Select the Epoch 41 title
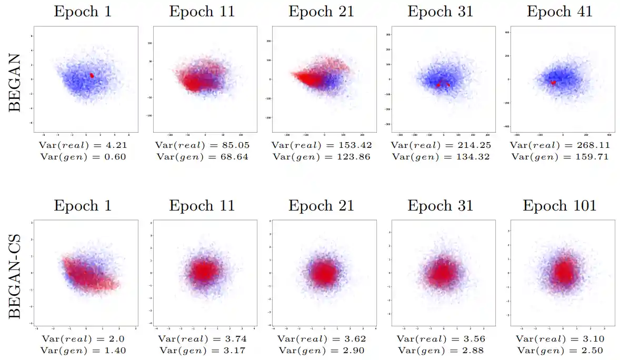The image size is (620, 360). point(559,12)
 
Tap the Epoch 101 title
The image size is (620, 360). point(559,205)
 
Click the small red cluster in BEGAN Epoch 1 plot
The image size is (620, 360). point(92,75)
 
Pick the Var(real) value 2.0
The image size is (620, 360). point(116,339)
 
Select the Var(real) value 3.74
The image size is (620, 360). point(234,339)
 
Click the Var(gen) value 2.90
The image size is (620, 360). point(354,351)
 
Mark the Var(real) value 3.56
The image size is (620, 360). point(473,339)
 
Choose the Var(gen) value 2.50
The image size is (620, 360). point(592,351)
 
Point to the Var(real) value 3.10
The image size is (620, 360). point(592,339)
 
